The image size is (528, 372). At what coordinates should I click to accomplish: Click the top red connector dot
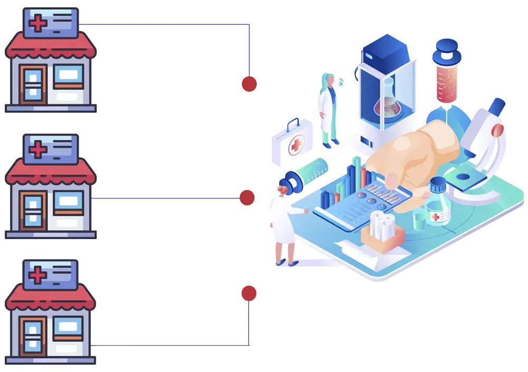point(249,84)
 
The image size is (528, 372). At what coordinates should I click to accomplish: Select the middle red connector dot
point(247,198)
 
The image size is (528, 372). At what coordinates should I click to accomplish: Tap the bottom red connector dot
point(249,293)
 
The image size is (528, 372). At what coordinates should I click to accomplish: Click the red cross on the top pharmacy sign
point(37,24)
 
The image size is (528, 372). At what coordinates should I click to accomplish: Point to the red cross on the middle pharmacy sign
point(37,150)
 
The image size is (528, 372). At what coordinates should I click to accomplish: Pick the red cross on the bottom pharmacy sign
point(37,275)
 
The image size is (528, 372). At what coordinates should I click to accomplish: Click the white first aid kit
point(294,142)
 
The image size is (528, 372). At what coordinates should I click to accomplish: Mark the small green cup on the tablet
point(419,220)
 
